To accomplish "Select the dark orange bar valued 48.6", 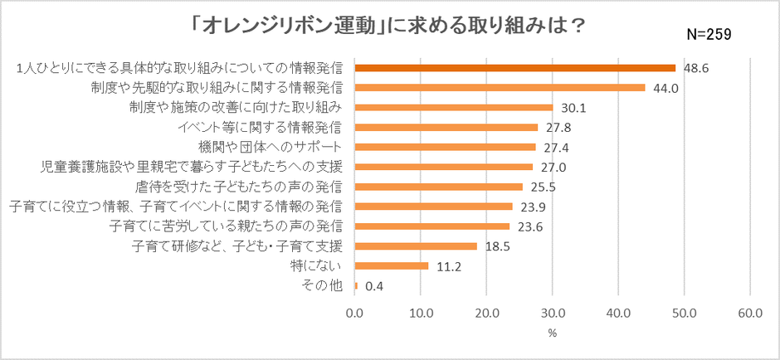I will click(x=514, y=67).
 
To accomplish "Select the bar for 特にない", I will click(x=391, y=266).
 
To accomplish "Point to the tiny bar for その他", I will click(x=356, y=286).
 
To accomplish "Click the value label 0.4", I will click(x=374, y=286).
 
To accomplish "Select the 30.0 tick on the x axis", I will click(x=553, y=314).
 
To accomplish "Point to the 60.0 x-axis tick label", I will click(x=750, y=314).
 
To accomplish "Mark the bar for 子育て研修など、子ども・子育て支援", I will click(x=416, y=246).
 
